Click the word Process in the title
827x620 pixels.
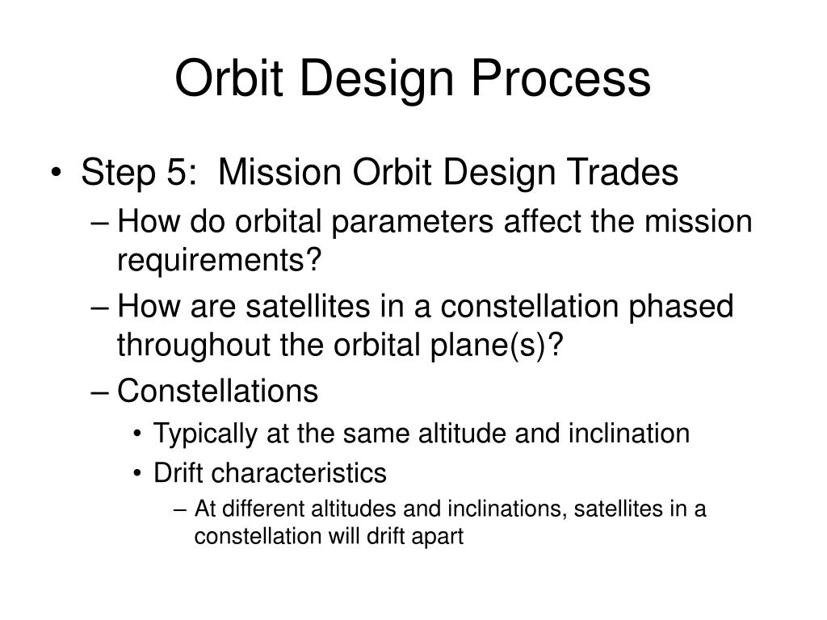(x=561, y=78)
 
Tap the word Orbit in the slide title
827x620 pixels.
(x=229, y=78)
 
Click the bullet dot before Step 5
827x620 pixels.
(x=57, y=173)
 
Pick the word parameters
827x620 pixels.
(x=413, y=222)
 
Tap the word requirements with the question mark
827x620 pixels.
(x=219, y=260)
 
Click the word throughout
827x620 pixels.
(x=194, y=345)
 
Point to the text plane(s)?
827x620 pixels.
(x=497, y=345)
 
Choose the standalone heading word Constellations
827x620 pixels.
(x=217, y=391)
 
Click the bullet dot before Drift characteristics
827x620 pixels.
(x=137, y=473)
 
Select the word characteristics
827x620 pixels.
(x=299, y=473)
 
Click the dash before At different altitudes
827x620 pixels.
(x=180, y=510)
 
